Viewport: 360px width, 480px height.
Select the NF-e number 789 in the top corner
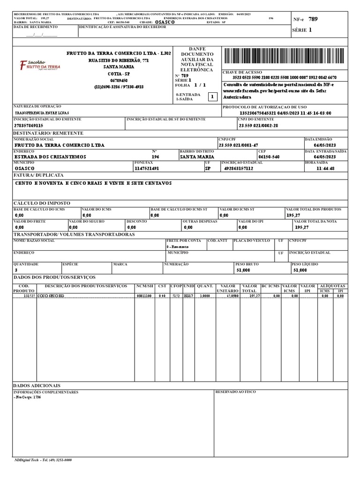click(313, 19)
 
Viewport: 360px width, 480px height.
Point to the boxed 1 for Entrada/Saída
click(212, 97)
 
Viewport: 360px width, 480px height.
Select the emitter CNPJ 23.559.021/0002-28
click(258, 126)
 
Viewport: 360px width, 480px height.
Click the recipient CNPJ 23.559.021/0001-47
click(238, 146)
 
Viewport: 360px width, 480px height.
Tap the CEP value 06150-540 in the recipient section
click(269, 157)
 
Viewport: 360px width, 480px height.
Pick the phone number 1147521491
click(147, 168)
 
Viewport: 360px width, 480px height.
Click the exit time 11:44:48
click(325, 168)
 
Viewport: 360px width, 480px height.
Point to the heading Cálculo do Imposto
click(42, 203)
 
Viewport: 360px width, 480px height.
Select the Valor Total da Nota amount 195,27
click(302, 227)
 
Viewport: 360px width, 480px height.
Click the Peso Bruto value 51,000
click(243, 270)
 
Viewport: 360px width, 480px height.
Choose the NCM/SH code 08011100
click(144, 296)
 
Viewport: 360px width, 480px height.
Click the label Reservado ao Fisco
click(235, 392)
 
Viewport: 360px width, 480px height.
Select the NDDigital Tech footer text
click(43, 460)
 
